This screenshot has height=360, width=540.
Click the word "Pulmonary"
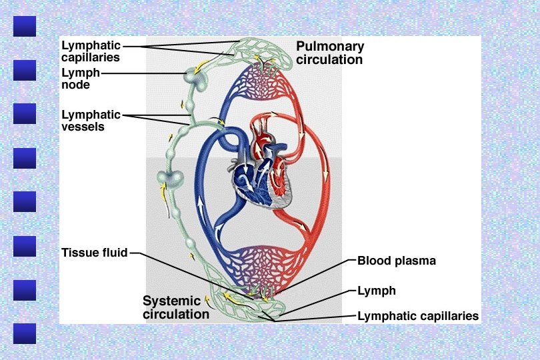330,47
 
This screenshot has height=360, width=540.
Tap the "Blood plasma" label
397,261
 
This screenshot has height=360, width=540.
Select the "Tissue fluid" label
94,253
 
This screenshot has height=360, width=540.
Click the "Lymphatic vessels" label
91,120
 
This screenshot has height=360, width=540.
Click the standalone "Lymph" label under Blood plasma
377,291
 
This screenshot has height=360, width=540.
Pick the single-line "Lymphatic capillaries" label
418,316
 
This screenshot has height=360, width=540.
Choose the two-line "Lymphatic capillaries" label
91,51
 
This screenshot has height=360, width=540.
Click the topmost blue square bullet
25,27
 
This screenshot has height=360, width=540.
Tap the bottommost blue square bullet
25,334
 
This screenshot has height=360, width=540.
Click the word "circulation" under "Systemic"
176,314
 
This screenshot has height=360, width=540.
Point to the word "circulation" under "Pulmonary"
330,60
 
